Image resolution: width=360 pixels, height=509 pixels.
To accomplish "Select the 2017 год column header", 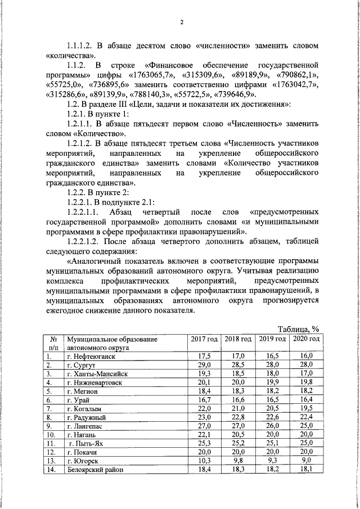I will pos(204,339).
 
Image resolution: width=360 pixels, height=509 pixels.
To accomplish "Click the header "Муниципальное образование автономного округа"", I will pos(110,343).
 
